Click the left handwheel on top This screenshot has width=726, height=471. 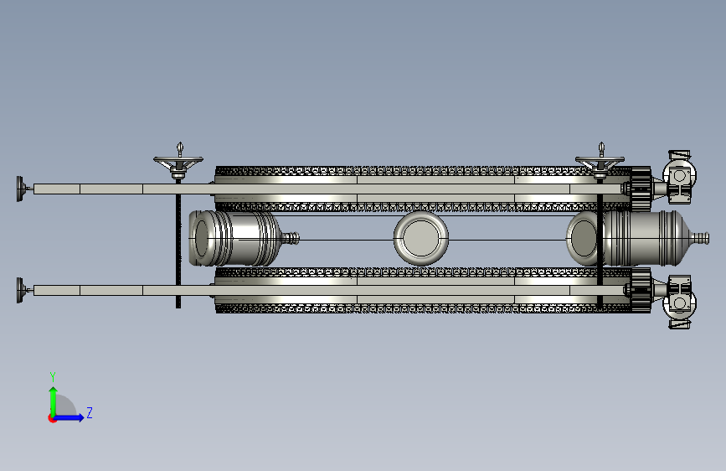[178, 163]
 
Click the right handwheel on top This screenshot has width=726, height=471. [600, 163]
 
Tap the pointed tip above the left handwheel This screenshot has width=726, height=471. [180, 143]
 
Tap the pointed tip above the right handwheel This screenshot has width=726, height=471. [601, 143]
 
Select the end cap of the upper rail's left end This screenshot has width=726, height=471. [21, 189]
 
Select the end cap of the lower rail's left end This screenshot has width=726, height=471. [21, 290]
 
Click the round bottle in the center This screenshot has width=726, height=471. [421, 238]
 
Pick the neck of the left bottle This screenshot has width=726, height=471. [291, 238]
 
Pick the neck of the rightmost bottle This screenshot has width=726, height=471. [699, 238]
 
